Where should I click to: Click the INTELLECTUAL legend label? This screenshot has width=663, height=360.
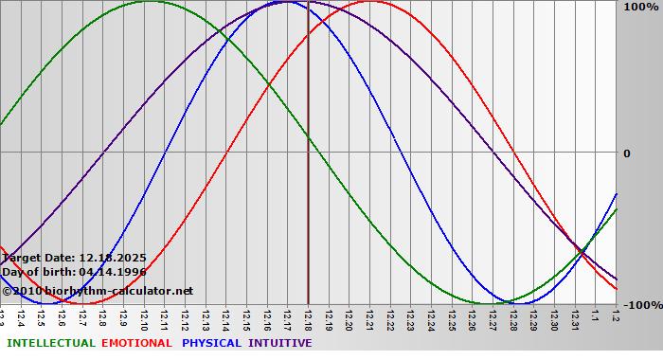pyautogui.click(x=50, y=343)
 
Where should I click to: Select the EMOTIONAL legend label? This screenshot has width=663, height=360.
pyautogui.click(x=136, y=343)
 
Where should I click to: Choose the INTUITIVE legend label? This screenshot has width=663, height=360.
pyautogui.click(x=280, y=343)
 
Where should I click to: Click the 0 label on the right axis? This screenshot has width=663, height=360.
pyautogui.click(x=626, y=153)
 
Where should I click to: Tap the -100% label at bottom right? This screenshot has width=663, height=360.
pyautogui.click(x=639, y=306)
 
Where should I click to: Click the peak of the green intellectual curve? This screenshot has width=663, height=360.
pyautogui.click(x=149, y=2)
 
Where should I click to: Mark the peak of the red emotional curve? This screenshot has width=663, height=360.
pyautogui.click(x=370, y=2)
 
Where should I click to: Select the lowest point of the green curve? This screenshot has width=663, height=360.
pyautogui.click(x=491, y=303)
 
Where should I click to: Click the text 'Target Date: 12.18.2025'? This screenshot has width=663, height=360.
pyautogui.click(x=74, y=257)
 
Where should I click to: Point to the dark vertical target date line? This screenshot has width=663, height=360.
pyautogui.click(x=308, y=189)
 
